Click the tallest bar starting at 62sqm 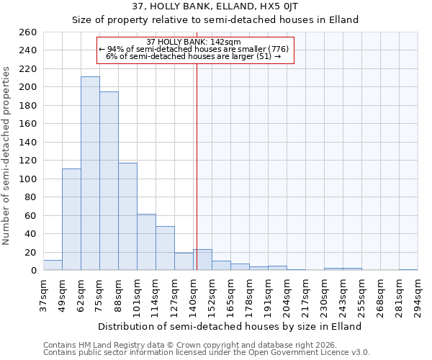(x=90, y=174)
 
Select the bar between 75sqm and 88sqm (x=109, y=181)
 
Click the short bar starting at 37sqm (x=53, y=265)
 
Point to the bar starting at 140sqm (x=202, y=260)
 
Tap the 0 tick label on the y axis (x=33, y=271)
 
